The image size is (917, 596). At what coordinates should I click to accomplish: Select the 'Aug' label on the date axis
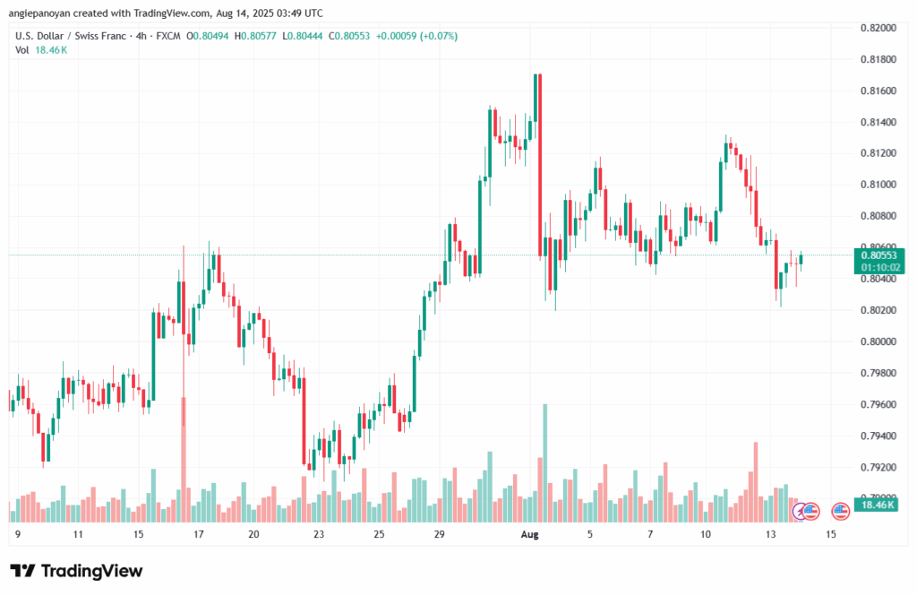(x=530, y=535)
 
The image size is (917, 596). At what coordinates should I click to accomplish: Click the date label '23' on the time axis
(x=318, y=535)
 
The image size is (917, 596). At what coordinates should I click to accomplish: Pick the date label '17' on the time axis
(x=199, y=535)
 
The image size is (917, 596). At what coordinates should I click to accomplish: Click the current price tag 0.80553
(x=878, y=255)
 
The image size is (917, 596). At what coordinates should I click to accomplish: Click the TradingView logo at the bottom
(x=76, y=571)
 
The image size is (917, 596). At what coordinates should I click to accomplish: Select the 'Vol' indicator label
(x=22, y=50)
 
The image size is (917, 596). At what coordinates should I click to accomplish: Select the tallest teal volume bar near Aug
(x=544, y=462)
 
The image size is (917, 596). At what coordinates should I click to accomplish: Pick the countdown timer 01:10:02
(x=878, y=267)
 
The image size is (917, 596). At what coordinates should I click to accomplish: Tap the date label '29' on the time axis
(x=439, y=535)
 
